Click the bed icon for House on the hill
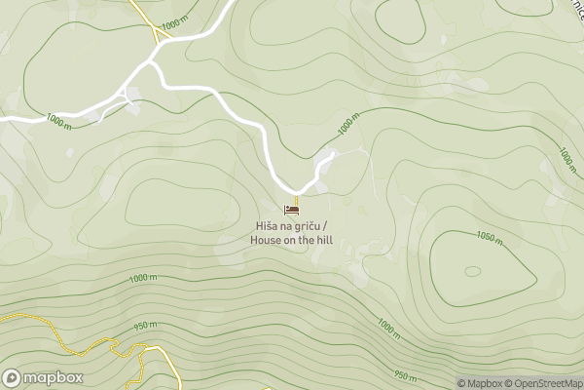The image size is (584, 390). coord(291,209)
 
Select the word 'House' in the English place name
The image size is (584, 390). coord(267,240)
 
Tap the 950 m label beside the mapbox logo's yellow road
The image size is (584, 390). coord(146,326)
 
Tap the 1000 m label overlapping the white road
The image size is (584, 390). coord(59,122)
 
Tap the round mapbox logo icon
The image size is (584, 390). coord(13,377)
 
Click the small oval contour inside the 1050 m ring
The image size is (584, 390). coord(472,271)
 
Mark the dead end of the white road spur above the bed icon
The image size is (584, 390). coord(333,152)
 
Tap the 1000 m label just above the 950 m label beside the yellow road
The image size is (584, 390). coord(142,278)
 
